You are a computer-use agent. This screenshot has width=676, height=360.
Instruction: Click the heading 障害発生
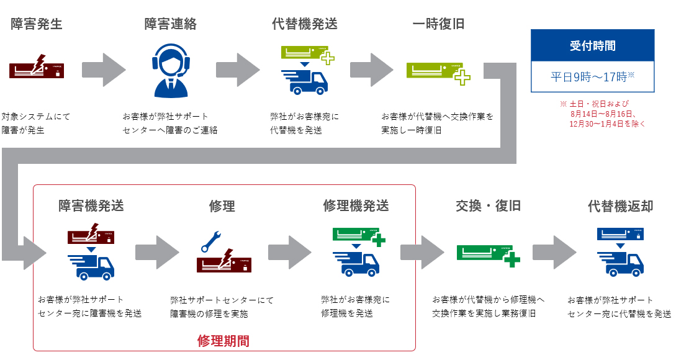point(37,24)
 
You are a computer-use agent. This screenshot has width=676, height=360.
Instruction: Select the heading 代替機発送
point(304,24)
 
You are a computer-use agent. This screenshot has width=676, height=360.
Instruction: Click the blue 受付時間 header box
point(592,45)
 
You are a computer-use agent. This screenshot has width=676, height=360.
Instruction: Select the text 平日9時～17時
point(592,77)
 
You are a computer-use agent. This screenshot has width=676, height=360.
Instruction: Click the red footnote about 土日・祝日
point(602,114)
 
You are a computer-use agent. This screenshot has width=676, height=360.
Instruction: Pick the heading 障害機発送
point(91,205)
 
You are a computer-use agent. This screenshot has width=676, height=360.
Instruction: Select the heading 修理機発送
point(356,205)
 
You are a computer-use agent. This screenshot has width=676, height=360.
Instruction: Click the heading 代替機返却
point(620,205)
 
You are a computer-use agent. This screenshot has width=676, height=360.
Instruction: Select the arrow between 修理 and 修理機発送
point(289,251)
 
